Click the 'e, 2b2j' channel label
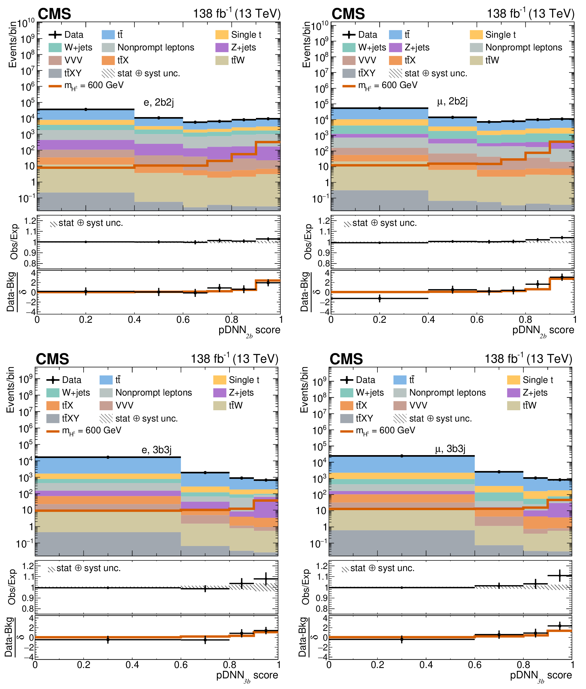coord(158,102)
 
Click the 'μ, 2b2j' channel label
coord(452,101)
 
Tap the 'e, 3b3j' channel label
coord(156,450)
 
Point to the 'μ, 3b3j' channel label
coord(450,448)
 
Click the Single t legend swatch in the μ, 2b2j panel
coord(476,35)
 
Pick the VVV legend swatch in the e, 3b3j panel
coord(106,405)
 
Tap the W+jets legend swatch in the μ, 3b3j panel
coord(347,393)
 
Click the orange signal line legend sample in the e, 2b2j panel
coord(55,86)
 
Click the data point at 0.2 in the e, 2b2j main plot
coord(86,109)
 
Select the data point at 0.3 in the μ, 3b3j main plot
coord(402,456)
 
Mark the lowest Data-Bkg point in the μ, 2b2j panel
coord(379,298)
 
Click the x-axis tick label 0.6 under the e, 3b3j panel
coord(181,665)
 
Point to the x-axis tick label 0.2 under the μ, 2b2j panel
coord(379,320)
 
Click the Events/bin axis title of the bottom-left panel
coord(10,390)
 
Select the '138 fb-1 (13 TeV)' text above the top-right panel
coord(530,14)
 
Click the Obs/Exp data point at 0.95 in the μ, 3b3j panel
coord(560,576)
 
